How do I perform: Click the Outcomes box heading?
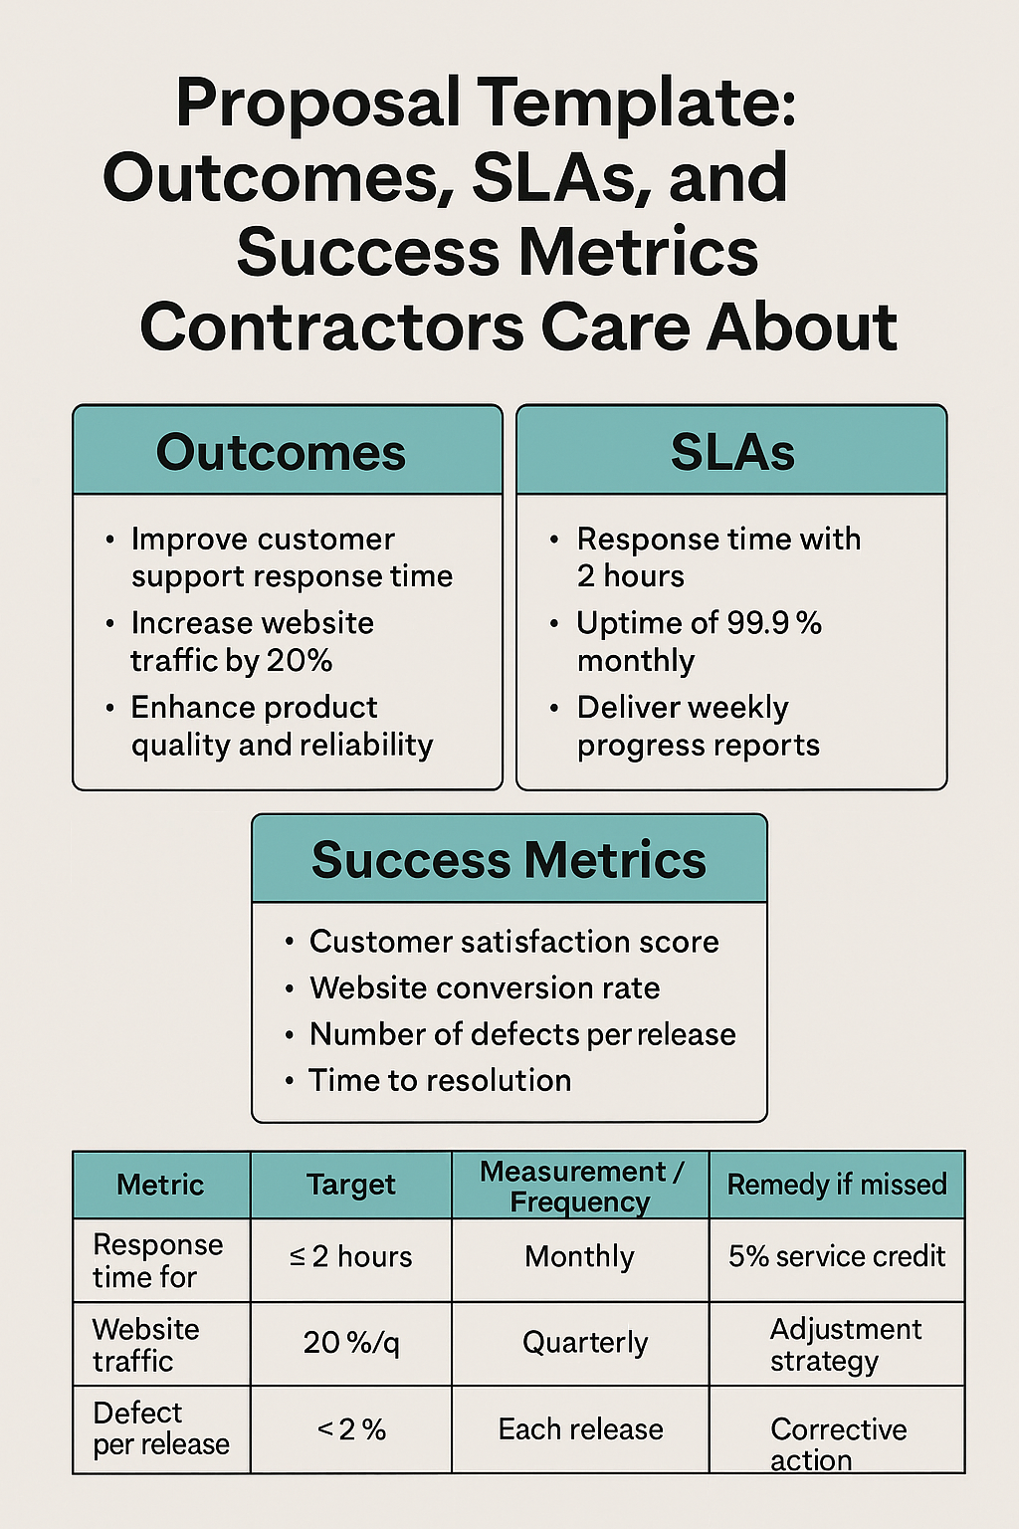[281, 453]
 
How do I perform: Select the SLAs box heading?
[732, 453]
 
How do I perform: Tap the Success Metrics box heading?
[509, 860]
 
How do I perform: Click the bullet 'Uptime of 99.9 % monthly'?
[699, 642]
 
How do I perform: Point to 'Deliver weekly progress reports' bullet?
[698, 726]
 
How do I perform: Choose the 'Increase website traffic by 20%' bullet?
[252, 642]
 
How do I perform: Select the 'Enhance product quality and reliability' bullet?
[282, 726]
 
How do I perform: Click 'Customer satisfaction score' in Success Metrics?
[513, 942]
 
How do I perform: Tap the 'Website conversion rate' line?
[485, 987]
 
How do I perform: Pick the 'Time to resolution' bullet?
[440, 1080]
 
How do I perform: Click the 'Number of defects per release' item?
[522, 1034]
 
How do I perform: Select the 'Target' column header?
[350, 1185]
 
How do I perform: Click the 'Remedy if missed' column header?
[837, 1185]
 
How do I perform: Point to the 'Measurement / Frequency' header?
[580, 1186]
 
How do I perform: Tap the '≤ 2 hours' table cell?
[350, 1257]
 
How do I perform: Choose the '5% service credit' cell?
[837, 1256]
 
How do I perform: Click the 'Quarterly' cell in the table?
[585, 1343]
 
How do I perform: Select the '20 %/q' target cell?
[351, 1343]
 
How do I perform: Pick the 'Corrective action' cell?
[838, 1443]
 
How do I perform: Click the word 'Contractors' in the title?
[332, 328]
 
